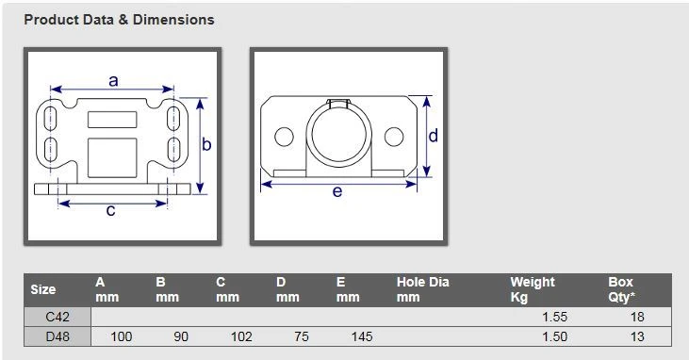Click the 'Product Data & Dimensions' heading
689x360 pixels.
point(119,20)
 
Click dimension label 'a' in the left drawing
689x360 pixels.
point(113,81)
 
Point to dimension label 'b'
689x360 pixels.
point(206,144)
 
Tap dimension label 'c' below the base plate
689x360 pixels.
point(110,211)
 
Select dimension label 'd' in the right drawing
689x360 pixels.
point(434,136)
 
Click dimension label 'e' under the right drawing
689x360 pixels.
point(337,191)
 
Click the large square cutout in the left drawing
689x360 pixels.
point(112,157)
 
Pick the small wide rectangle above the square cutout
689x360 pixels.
point(112,120)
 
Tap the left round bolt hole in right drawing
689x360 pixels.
point(284,137)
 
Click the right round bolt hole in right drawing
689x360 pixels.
point(394,137)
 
